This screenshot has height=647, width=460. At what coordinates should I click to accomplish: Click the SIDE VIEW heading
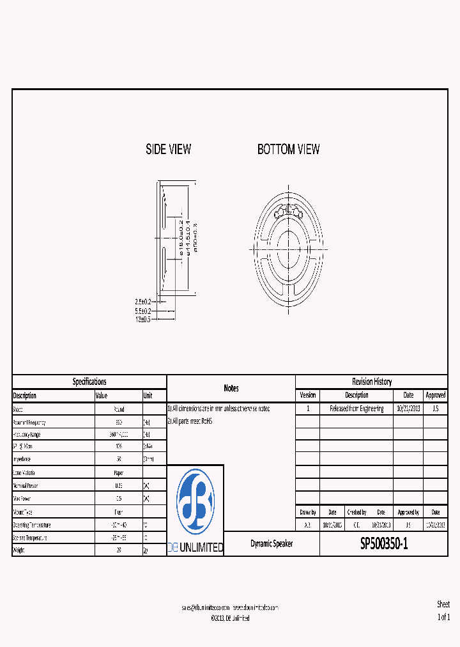tap(168, 150)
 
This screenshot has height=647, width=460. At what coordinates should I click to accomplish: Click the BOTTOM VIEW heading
tap(288, 150)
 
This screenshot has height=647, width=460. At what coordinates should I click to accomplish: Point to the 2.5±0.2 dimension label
tap(142, 302)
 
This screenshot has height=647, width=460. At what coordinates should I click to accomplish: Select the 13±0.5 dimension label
tap(142, 319)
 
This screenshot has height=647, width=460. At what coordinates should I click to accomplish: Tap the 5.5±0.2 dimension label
tap(142, 311)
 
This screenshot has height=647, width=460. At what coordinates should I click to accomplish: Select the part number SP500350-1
tap(383, 544)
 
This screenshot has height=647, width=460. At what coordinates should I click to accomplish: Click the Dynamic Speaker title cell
tap(272, 544)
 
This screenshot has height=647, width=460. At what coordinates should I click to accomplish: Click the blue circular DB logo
tap(195, 502)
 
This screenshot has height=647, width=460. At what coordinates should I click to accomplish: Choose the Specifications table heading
tap(89, 382)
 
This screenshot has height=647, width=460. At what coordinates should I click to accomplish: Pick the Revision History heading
tap(371, 382)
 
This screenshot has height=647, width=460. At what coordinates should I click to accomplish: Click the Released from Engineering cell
tap(356, 409)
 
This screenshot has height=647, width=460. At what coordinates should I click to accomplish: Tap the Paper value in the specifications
tap(118, 472)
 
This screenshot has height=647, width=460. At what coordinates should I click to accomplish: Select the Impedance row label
tap(24, 459)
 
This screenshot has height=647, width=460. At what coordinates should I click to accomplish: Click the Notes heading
tap(231, 388)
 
